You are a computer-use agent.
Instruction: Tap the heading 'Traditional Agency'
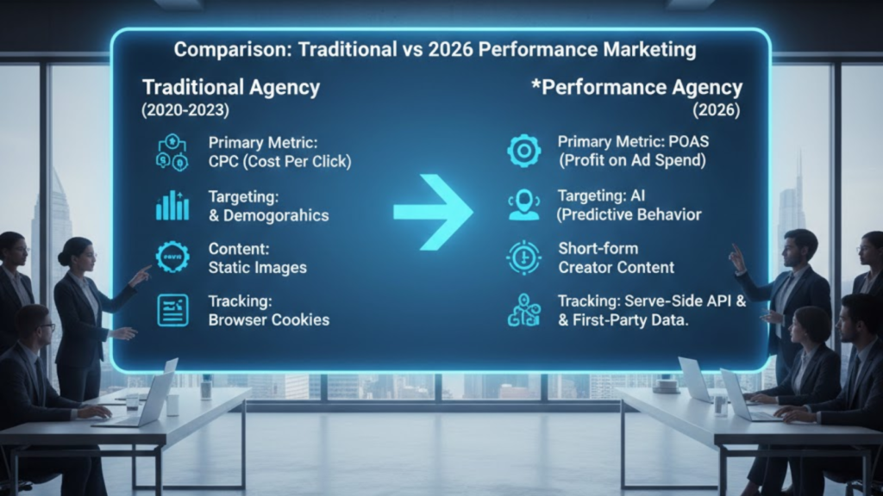(230, 87)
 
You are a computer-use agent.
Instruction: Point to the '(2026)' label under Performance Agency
(715, 109)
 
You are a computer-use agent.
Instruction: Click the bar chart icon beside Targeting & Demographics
(172, 205)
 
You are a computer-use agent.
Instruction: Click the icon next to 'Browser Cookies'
(172, 310)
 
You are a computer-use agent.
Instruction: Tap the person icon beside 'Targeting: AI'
(523, 204)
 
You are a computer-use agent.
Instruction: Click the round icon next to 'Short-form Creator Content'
(523, 257)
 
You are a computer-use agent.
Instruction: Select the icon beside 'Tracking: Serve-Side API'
(523, 311)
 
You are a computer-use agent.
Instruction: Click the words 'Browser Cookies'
(268, 320)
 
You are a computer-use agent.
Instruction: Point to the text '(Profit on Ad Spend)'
(632, 160)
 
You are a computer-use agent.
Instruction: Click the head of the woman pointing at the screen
(75, 253)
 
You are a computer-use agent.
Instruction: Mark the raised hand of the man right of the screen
(737, 256)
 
